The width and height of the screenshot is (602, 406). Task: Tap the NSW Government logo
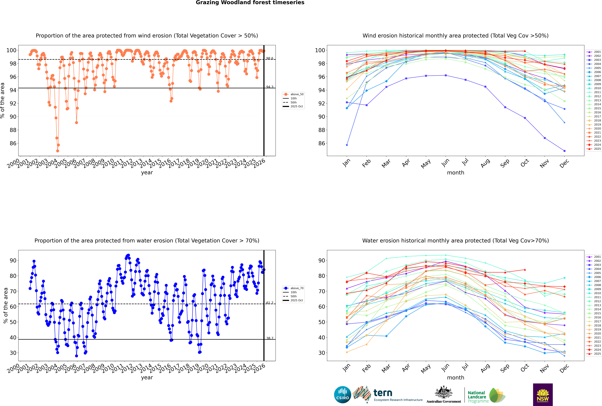tap(543, 394)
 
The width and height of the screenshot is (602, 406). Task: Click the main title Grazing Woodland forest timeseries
tap(250, 3)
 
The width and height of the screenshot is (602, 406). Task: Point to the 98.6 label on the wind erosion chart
tap(270, 59)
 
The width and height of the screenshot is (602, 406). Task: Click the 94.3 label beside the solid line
tap(270, 87)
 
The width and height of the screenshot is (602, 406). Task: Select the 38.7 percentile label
tap(270, 338)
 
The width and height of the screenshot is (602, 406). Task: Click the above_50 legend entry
tap(297, 94)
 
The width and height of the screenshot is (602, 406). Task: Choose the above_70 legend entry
tap(297, 288)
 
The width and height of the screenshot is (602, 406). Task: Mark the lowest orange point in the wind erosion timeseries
tap(57, 151)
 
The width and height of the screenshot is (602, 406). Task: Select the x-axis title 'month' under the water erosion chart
tap(455, 378)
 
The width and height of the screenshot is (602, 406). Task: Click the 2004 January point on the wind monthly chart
tap(347, 145)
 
